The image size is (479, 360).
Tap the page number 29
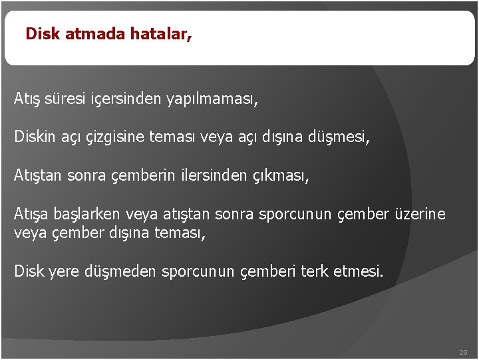coord(463,351)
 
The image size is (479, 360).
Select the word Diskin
coord(34,138)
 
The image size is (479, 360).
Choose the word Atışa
coord(31,215)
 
